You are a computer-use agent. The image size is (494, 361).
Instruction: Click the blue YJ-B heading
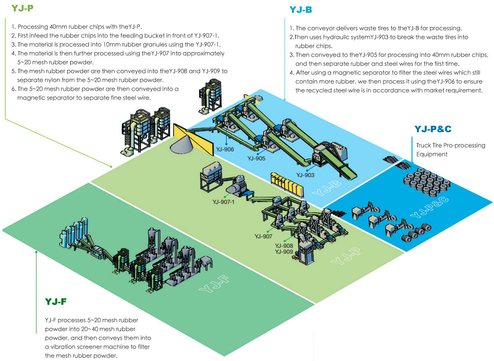coord(300,9)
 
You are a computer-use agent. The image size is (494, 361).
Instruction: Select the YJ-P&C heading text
coord(432,129)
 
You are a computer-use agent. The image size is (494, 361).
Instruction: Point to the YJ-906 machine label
coord(225,149)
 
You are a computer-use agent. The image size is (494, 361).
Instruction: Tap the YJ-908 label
coord(284,245)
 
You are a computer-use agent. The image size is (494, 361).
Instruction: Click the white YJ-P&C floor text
coord(424,213)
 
